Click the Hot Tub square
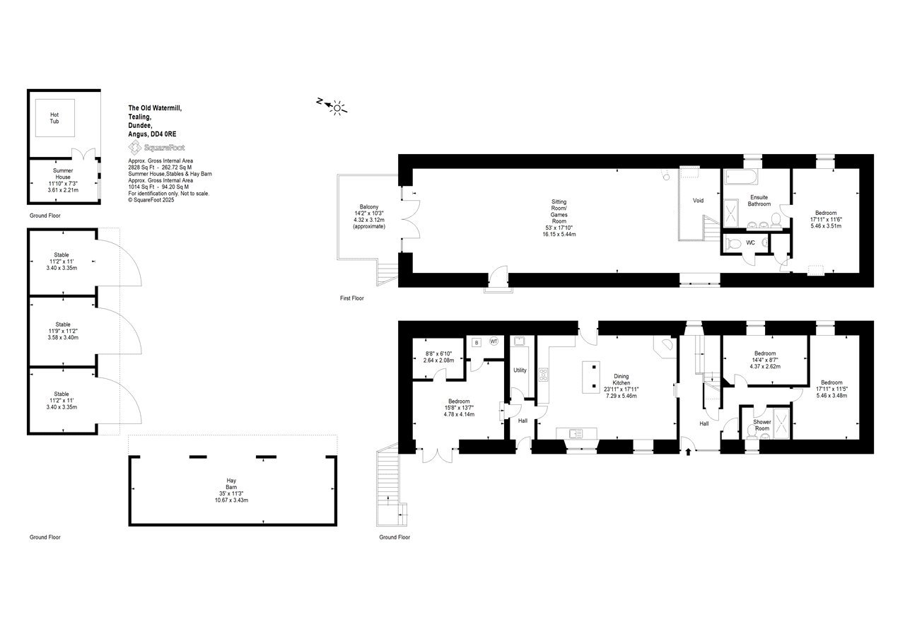point(55,117)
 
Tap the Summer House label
point(63,174)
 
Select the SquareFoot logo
point(156,148)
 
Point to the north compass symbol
point(332,106)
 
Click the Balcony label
point(369,207)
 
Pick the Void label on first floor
point(698,200)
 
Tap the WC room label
point(750,242)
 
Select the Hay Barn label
point(231,484)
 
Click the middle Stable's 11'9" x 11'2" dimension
point(63,331)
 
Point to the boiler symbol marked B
point(477,343)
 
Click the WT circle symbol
point(494,341)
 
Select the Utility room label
point(520,370)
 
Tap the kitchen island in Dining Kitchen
point(590,377)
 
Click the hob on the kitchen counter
point(544,375)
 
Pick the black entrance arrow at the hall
point(689,451)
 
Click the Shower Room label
point(762,425)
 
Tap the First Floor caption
point(352,298)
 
